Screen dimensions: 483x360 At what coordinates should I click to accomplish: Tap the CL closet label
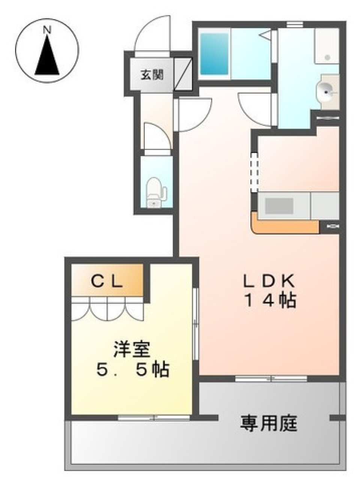coord(107,281)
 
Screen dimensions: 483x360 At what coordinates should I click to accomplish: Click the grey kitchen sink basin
coord(279,206)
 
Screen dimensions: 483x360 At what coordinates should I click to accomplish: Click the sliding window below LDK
coord(271,378)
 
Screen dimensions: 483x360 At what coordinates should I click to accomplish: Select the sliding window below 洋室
coord(154,417)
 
